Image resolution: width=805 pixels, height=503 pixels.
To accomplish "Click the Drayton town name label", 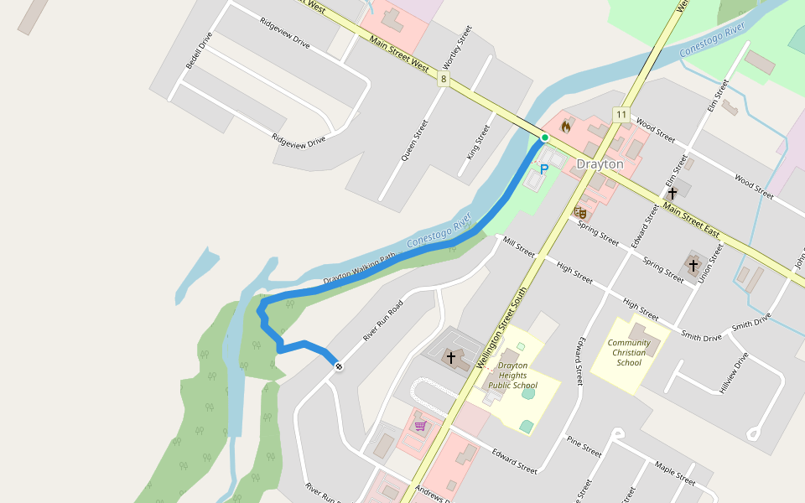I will pos(600,164).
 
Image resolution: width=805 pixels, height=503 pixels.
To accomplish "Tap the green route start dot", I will pos(544,137).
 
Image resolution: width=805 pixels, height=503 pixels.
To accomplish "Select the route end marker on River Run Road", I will pos(338,366).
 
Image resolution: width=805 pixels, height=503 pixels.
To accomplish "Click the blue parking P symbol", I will pos(543,169).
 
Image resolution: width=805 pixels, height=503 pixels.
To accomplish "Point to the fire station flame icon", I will pos(566,127).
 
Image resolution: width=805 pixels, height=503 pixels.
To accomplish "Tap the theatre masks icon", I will pos(579,213).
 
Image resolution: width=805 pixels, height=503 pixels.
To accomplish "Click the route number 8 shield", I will pos(443,80).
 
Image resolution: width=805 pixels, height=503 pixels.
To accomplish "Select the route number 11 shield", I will pos(621,114).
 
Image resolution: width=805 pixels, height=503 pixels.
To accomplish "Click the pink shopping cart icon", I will pos(419,426).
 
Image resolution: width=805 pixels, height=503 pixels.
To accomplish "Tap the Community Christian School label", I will pos(629,352).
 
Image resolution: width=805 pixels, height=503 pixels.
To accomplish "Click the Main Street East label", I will pos(692,218).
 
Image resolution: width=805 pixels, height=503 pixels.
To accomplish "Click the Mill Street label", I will pos(519,245).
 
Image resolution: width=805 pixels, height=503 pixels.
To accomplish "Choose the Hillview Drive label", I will pos(733,371).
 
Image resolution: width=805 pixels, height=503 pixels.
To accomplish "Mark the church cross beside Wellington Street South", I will pos(451,358).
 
